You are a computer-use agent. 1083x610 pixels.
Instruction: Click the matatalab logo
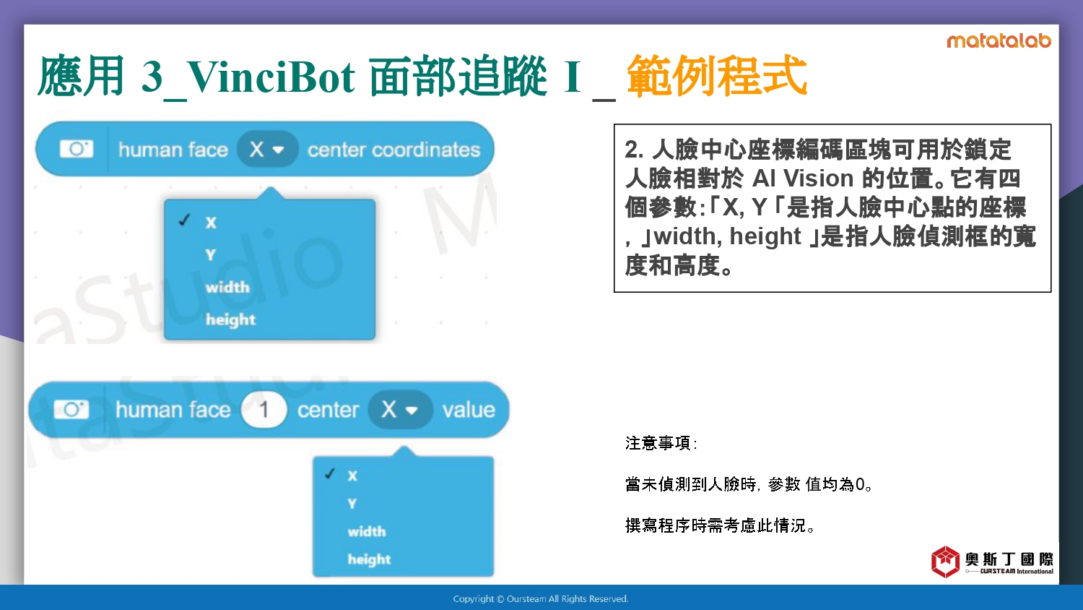click(999, 40)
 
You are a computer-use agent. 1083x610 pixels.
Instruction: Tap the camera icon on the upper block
click(77, 149)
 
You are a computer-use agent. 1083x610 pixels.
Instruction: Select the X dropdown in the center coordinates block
click(267, 149)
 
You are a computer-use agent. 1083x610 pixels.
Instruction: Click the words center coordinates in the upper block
click(394, 150)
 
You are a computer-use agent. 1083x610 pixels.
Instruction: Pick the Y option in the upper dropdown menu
click(210, 254)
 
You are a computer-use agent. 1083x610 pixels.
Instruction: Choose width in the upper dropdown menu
click(227, 287)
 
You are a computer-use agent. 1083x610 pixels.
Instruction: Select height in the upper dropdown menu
click(230, 320)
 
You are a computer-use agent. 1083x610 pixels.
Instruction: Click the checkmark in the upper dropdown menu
click(184, 220)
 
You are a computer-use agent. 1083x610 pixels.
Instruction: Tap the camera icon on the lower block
click(71, 410)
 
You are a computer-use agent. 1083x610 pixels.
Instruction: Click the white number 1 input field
click(264, 410)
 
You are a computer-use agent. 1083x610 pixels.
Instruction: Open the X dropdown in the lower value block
click(399, 410)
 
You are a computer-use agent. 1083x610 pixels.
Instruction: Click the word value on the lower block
click(469, 410)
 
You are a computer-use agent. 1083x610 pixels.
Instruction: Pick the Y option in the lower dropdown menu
click(352, 504)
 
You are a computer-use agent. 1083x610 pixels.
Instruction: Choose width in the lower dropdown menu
click(367, 531)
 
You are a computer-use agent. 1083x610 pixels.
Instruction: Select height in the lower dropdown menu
click(369, 559)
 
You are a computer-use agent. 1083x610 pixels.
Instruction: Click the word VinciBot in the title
click(271, 77)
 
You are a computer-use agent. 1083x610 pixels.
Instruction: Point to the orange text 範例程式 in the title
click(716, 75)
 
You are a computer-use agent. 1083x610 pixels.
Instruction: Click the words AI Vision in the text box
click(803, 179)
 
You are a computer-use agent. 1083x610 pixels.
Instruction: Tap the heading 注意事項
click(658, 443)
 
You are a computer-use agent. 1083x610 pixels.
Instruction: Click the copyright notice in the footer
click(541, 599)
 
